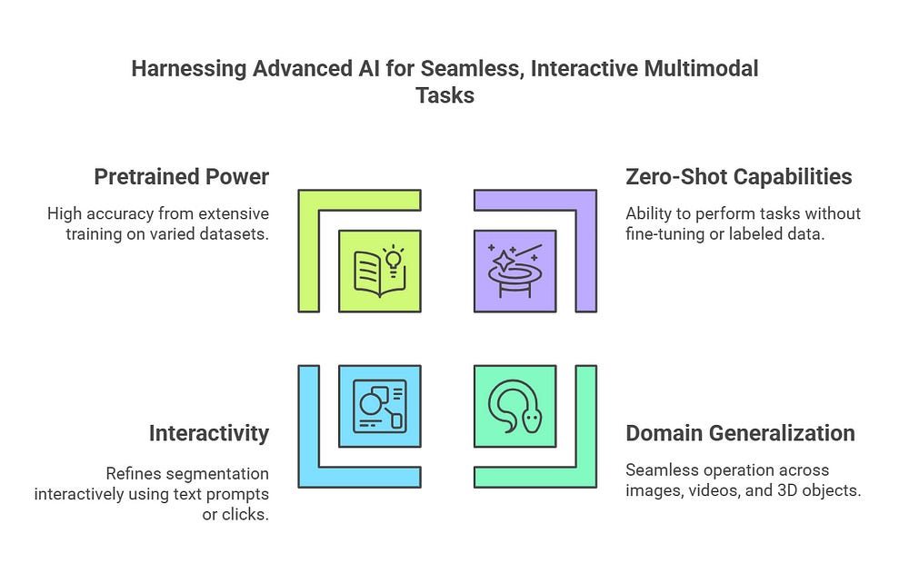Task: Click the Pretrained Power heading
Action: [181, 176]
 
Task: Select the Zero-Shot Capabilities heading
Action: [739, 176]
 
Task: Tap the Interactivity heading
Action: [208, 433]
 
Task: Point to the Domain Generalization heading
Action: [740, 433]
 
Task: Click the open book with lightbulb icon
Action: [379, 271]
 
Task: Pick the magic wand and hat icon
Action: [514, 271]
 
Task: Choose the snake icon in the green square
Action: [514, 406]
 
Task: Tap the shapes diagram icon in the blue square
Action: [379, 406]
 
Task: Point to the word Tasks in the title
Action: [445, 95]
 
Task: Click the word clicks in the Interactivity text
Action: [248, 514]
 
